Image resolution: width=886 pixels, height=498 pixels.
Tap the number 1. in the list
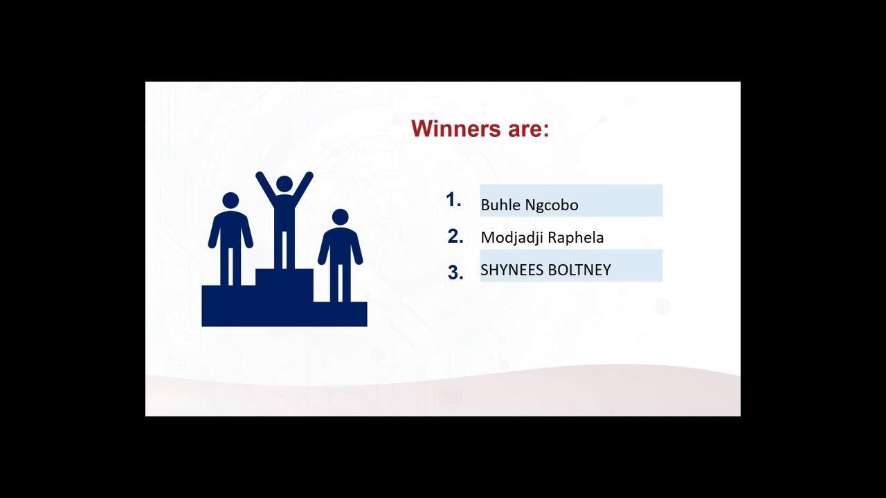(453, 200)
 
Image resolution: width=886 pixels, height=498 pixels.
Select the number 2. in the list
(455, 236)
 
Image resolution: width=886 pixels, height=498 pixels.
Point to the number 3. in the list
(455, 273)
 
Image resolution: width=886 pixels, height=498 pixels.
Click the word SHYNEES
(512, 270)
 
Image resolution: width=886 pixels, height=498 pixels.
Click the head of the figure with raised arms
(284, 184)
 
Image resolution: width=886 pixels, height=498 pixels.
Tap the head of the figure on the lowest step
(340, 217)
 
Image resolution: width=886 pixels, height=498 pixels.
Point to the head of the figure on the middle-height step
(230, 201)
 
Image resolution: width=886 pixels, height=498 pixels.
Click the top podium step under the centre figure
(284, 284)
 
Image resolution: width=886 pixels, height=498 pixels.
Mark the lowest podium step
(340, 314)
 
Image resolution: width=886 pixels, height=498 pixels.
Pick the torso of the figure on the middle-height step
(230, 230)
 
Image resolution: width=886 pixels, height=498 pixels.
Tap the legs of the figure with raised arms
(284, 249)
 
